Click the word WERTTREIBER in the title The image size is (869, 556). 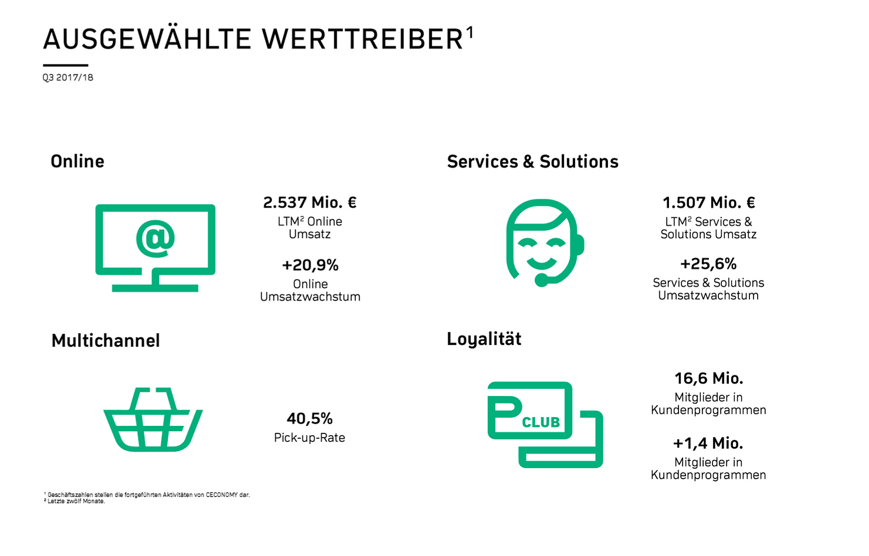(x=362, y=40)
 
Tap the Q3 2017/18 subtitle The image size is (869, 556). (x=68, y=77)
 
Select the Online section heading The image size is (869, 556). (x=77, y=161)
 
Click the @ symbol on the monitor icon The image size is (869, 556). (x=155, y=239)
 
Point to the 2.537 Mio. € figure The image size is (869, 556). (x=310, y=202)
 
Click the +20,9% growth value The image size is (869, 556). (x=310, y=265)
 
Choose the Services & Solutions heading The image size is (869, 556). (x=532, y=161)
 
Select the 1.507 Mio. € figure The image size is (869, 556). (x=708, y=202)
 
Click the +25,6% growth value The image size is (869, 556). (x=708, y=264)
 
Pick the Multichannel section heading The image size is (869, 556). (x=106, y=340)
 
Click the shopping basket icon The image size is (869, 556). (x=153, y=419)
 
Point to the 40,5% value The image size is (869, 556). (x=310, y=418)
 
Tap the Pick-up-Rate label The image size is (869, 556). (x=310, y=438)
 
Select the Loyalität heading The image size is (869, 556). (x=484, y=339)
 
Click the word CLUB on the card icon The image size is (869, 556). (x=541, y=422)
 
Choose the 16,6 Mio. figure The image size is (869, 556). (x=708, y=378)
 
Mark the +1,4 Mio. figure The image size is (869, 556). (x=708, y=443)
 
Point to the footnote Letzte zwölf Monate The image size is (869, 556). (x=76, y=501)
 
